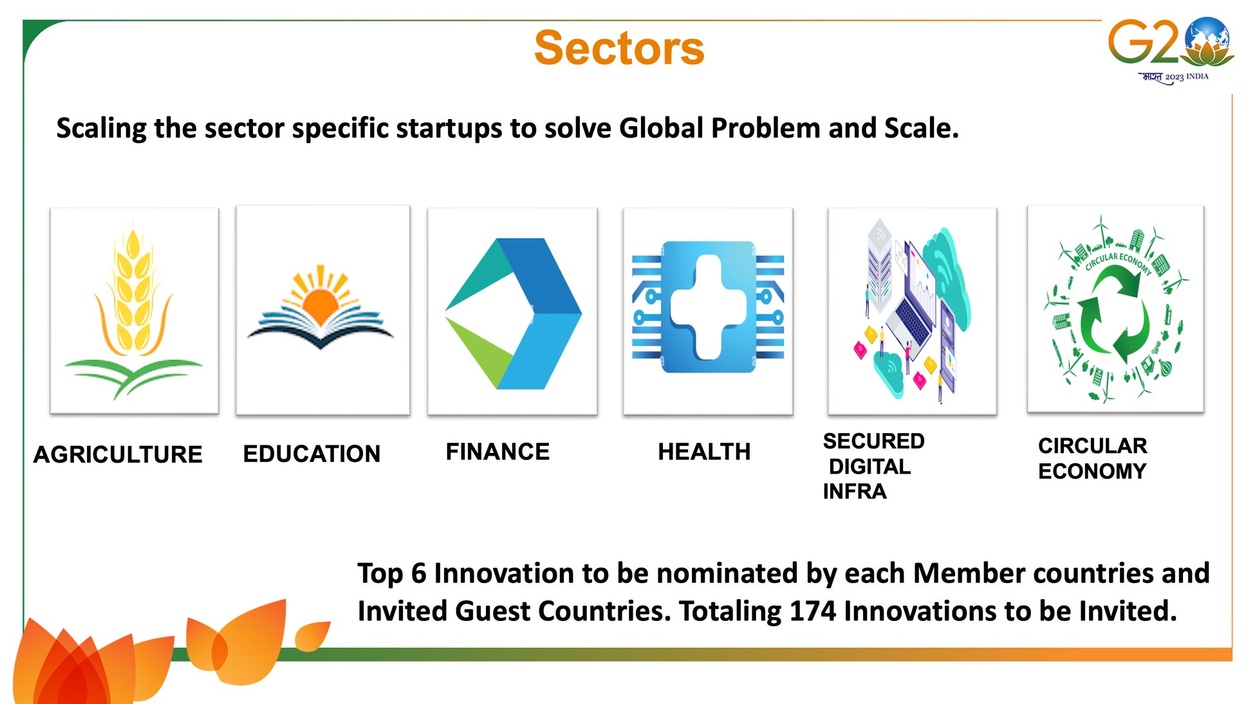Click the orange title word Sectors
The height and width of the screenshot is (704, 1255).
(619, 48)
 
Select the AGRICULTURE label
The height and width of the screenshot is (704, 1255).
(118, 454)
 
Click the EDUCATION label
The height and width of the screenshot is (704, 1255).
(311, 454)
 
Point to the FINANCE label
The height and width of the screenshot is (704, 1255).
(497, 452)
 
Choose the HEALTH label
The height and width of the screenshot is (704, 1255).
(704, 452)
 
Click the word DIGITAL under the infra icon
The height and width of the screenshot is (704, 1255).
(869, 467)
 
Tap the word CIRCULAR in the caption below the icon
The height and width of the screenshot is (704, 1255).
(1092, 445)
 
